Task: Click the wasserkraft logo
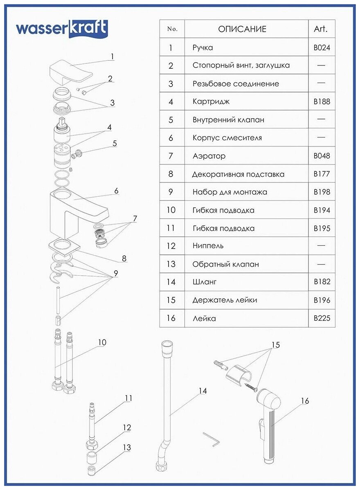coord(62,29)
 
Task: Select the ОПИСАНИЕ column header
coord(242,29)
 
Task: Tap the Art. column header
coord(321,29)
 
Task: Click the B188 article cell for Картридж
coord(322,101)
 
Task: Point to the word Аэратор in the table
coord(209,156)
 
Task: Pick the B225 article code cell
coord(322,318)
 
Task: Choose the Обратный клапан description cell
coord(225,264)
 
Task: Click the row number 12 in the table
coord(171,246)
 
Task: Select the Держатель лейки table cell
coord(225,300)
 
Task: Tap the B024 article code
coord(322,47)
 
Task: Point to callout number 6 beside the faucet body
coord(116,191)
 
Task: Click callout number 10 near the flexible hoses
coord(102,342)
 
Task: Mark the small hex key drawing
coord(211,439)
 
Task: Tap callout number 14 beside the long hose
coord(202,391)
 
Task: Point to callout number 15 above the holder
coord(276,345)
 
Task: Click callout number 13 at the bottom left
coord(127,447)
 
